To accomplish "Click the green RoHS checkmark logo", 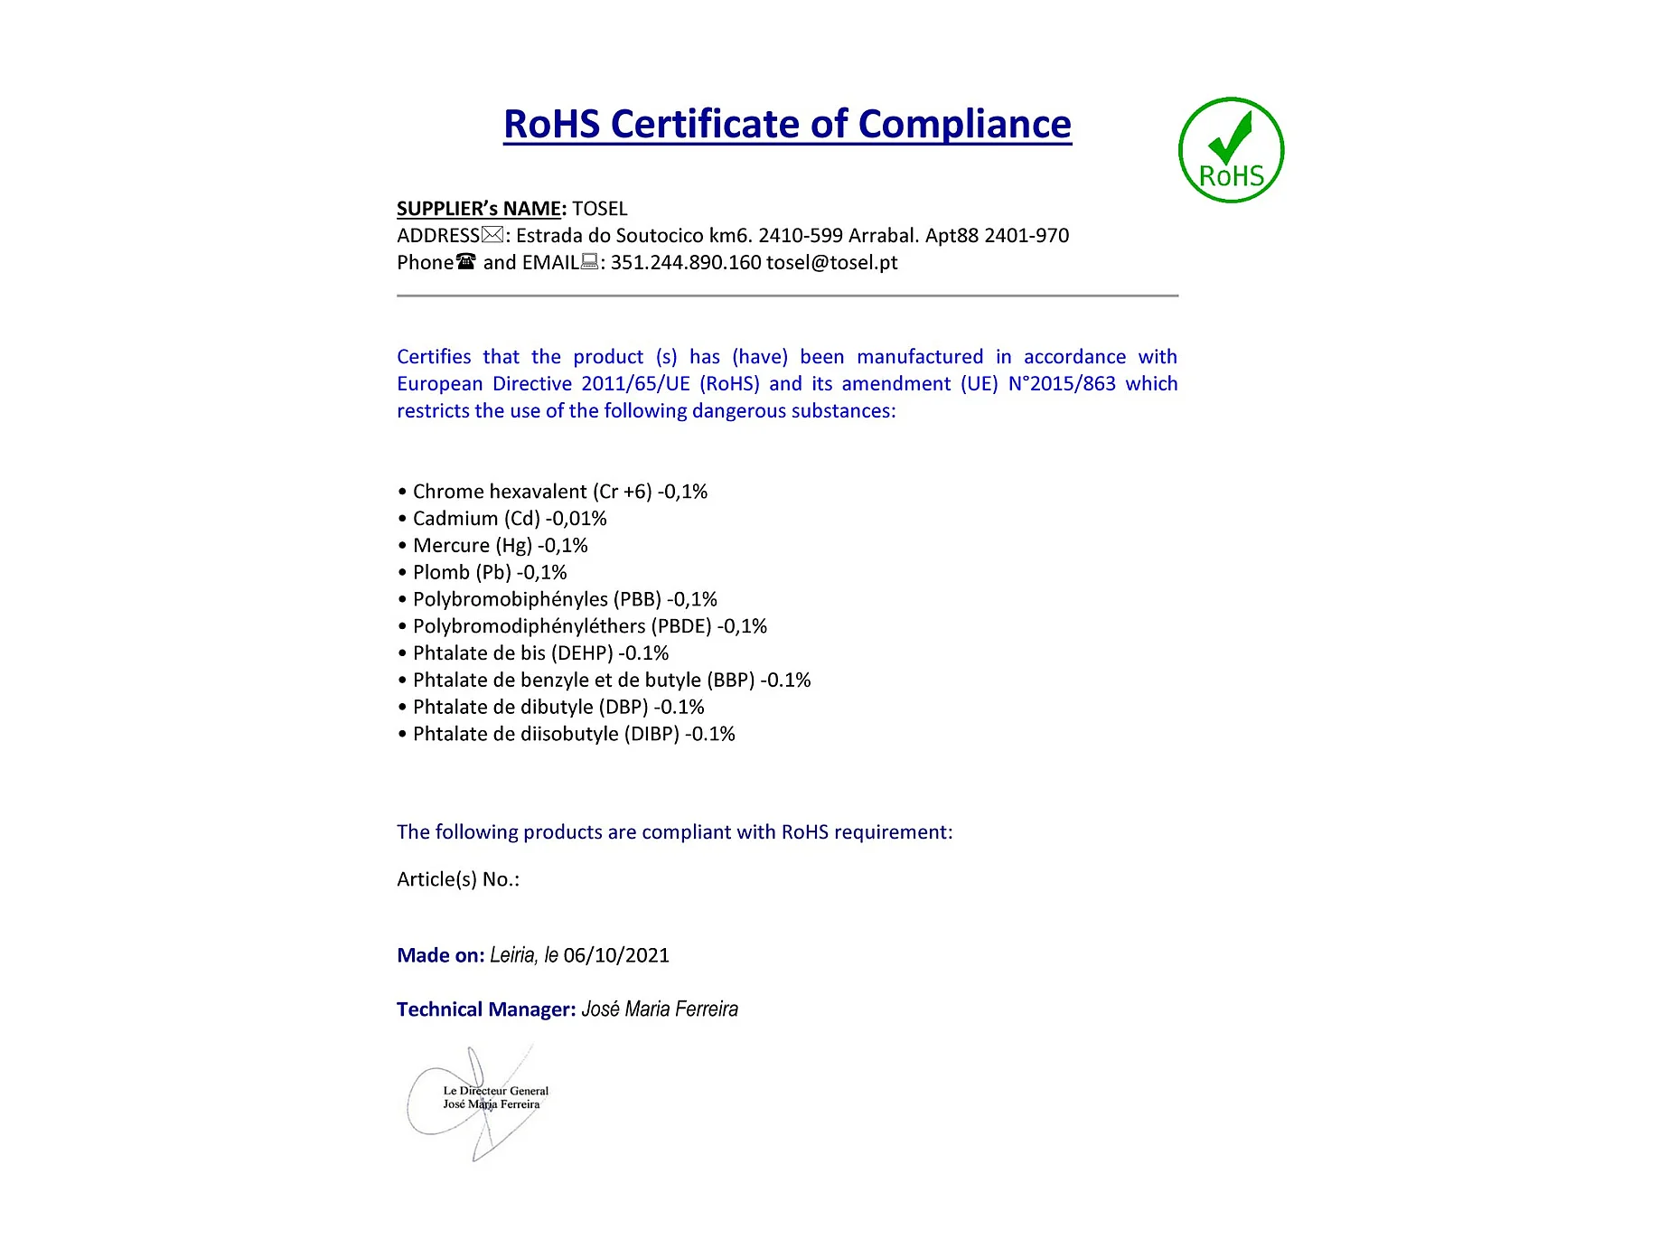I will click(x=1231, y=150).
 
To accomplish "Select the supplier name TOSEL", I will click(x=599, y=209).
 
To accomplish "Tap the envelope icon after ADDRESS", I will click(x=492, y=235).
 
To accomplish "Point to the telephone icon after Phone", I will click(x=466, y=262).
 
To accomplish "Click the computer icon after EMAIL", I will click(x=589, y=262).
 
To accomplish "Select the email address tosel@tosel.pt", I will click(x=831, y=263).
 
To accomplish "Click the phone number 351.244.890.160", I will click(x=686, y=263).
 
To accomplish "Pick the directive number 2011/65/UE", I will click(x=635, y=384).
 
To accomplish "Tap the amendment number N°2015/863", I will click(x=1062, y=384).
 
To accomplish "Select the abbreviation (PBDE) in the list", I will click(x=681, y=626).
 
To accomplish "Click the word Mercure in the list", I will click(x=451, y=546).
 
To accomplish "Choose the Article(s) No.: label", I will click(x=458, y=879).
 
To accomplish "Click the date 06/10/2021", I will click(x=616, y=955).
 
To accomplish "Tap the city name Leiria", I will click(x=512, y=955).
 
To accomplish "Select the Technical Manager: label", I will click(x=486, y=1009).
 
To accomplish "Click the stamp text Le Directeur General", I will click(x=495, y=1091).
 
